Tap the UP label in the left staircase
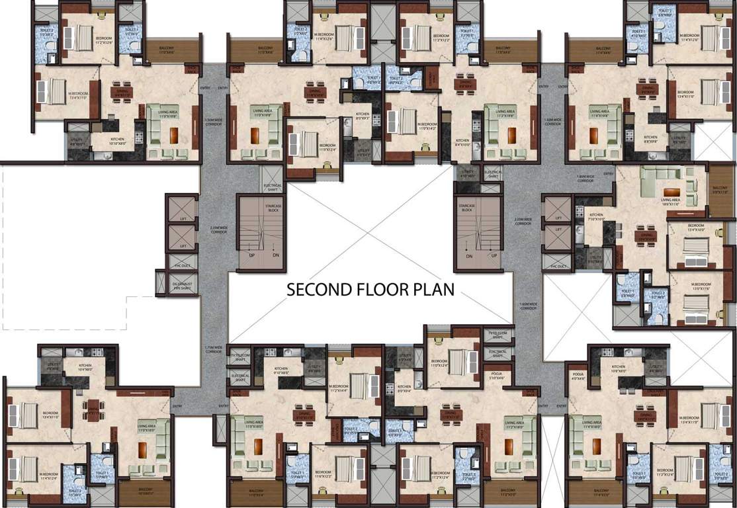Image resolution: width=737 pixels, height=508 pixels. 251,255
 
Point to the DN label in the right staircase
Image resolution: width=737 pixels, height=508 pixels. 469,255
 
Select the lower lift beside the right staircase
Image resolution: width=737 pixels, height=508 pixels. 558,239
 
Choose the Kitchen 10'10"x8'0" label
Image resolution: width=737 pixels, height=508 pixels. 121,140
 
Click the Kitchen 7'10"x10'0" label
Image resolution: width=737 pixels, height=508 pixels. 597,217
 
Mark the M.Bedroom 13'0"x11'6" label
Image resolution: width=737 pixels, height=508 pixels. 700,288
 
